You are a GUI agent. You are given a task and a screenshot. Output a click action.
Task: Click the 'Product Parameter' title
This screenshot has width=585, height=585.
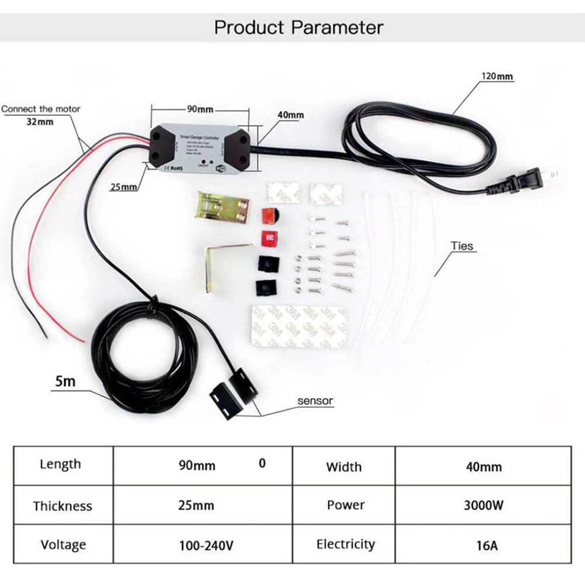tap(298, 27)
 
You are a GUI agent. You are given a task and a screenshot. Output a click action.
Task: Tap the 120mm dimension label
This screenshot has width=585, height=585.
tap(497, 76)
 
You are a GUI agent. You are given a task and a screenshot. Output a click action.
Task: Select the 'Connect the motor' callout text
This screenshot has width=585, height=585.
tap(41, 109)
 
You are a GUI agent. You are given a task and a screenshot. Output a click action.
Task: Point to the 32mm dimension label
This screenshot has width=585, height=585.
tap(40, 122)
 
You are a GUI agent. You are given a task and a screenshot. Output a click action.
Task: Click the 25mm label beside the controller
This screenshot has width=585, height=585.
tap(124, 187)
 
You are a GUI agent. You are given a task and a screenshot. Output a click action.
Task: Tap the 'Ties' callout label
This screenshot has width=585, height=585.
tap(462, 246)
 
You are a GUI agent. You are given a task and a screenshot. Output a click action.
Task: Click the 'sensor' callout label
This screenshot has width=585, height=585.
tap(315, 401)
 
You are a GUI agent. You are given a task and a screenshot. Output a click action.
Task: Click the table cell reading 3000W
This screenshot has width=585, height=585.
tap(483, 505)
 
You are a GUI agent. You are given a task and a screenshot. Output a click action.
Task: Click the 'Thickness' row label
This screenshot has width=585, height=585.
tap(63, 506)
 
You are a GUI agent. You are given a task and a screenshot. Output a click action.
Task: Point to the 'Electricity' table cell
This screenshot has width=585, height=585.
tap(345, 545)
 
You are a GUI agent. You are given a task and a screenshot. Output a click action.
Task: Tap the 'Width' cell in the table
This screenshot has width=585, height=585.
tap(344, 467)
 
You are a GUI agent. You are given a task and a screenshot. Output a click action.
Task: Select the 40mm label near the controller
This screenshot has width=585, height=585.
tap(290, 115)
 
